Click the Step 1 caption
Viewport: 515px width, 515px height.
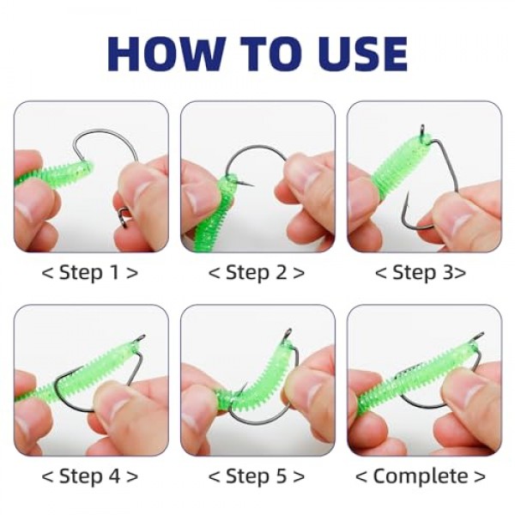[89, 273]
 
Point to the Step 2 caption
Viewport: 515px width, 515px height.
[257, 273]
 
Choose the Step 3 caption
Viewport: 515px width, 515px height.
[421, 273]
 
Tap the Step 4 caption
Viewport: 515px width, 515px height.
[89, 476]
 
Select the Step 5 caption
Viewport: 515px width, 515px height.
[257, 476]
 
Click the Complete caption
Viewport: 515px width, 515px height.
[421, 476]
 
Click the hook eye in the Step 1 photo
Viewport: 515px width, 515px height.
[124, 217]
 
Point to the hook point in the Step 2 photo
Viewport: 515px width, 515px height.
[250, 185]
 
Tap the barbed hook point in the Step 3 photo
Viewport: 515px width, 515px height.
[407, 200]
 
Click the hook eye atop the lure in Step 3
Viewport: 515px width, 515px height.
[423, 131]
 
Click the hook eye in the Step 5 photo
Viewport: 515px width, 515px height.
[288, 335]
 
